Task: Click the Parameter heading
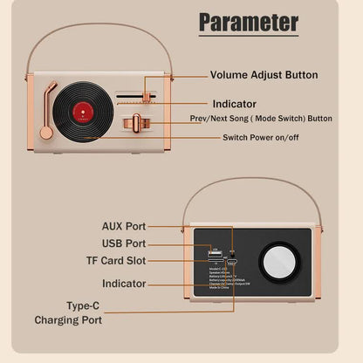pos(249,23)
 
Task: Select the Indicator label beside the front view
pos(236,103)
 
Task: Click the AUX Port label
pos(124,226)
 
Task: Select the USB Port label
pos(124,243)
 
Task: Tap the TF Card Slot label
pos(116,261)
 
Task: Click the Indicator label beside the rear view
pos(124,284)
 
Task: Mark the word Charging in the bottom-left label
pos(74,320)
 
